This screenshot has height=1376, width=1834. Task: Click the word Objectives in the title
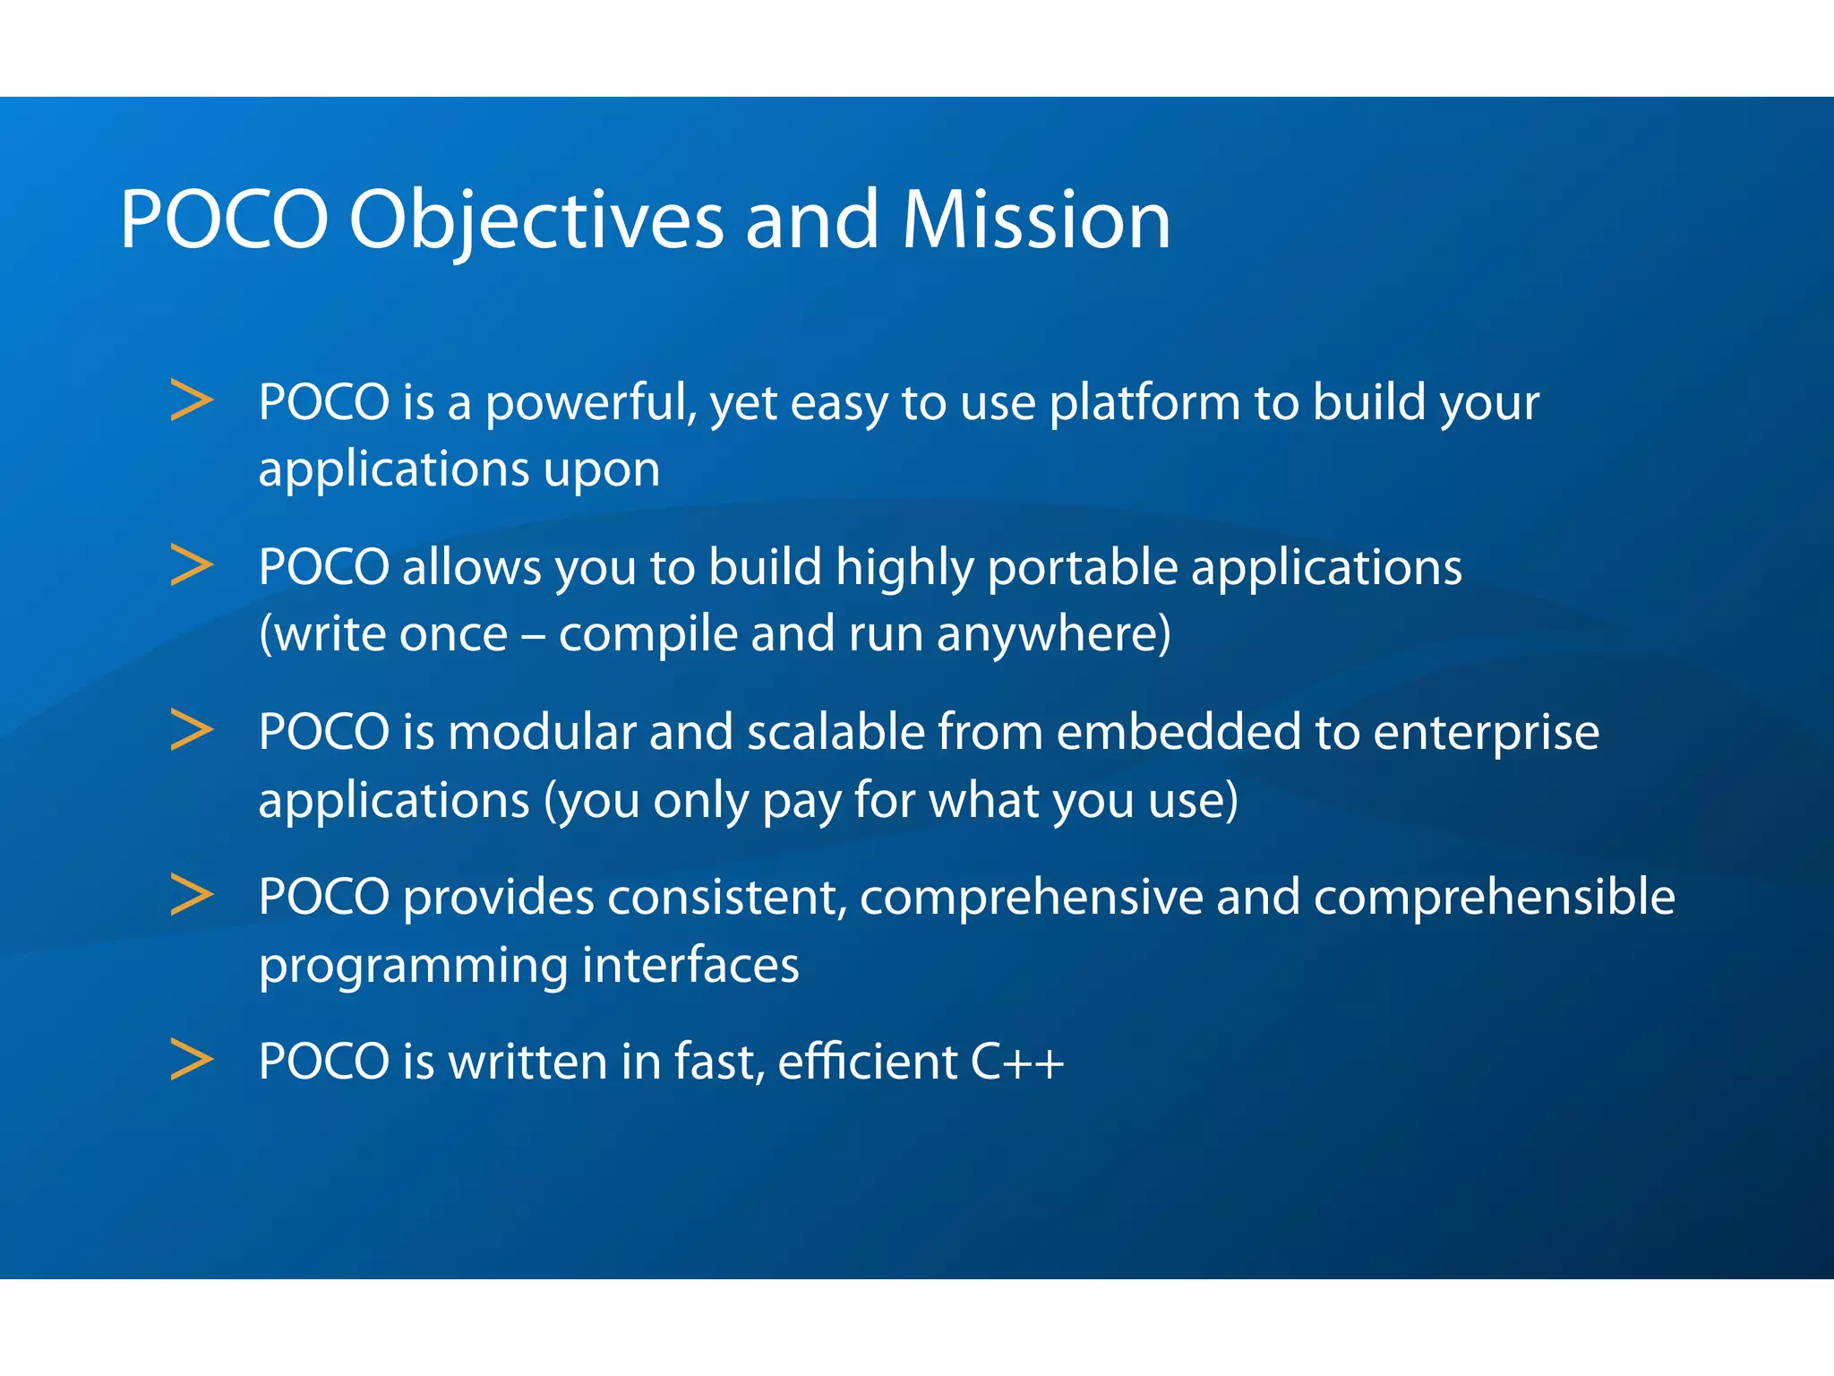click(536, 220)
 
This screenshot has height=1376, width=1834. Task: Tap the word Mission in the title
click(1036, 220)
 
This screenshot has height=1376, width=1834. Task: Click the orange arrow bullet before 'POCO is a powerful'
click(192, 400)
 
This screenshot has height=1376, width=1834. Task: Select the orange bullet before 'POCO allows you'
click(192, 565)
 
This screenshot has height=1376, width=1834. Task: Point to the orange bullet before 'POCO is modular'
click(192, 730)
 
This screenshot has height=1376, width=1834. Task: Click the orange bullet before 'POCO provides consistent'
click(192, 895)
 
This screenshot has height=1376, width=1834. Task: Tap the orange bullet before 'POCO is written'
click(192, 1060)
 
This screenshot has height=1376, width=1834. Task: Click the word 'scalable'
click(836, 732)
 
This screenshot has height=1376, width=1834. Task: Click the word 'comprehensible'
click(1494, 899)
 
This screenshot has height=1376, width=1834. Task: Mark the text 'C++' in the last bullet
click(1017, 1062)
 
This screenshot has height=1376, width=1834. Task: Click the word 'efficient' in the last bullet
click(867, 1062)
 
